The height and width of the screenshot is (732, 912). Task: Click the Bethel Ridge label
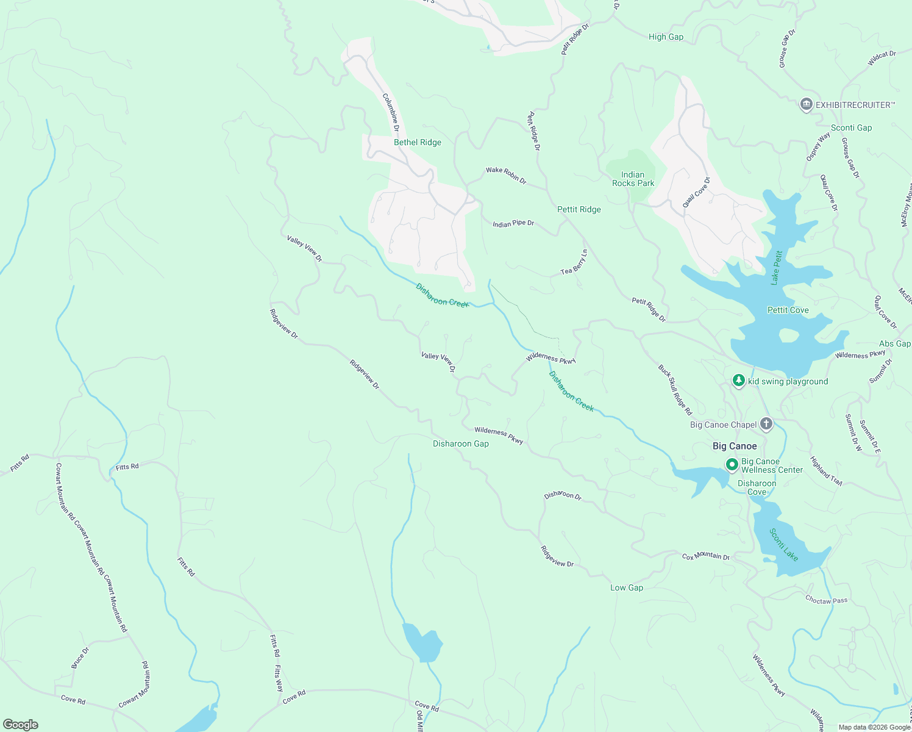pos(417,142)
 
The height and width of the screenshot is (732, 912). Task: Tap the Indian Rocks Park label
pos(633,179)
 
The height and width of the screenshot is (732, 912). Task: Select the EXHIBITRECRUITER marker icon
pos(806,105)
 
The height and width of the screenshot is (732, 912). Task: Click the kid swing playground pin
pos(739,381)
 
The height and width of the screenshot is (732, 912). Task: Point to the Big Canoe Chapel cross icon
pos(766,424)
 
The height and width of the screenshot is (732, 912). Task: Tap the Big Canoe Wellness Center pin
pos(732,465)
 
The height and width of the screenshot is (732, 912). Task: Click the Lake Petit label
pos(776,268)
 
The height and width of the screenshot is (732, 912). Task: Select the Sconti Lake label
pos(783,544)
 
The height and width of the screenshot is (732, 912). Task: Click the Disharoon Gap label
pos(460,443)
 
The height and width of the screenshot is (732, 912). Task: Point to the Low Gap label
pos(627,587)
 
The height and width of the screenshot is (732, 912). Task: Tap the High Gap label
pos(666,37)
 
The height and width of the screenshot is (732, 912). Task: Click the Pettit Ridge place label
pos(579,209)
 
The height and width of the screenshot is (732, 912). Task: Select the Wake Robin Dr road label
pos(505,175)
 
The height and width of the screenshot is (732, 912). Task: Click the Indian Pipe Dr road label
pos(513,224)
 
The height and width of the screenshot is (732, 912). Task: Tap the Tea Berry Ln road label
pos(574,262)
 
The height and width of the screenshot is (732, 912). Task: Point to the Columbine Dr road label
pos(391,112)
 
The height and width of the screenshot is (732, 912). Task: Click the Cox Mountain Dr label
pos(705,556)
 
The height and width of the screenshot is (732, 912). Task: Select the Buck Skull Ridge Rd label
pos(675,390)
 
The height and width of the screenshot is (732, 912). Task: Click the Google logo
pos(20,725)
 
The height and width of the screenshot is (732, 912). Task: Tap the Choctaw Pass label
pos(826,600)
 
